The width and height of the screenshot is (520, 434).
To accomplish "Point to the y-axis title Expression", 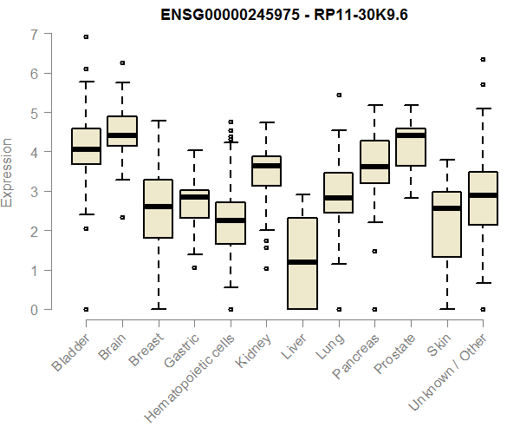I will pos(8,172).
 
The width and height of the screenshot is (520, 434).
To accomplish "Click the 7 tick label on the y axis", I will pos(34,35).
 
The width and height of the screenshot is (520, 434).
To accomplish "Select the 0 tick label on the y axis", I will pos(34,309).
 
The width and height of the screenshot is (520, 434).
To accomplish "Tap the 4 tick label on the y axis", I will pos(34,153).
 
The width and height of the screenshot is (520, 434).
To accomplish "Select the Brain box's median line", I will pos(122,135).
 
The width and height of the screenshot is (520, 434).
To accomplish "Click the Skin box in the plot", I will pos(446,224).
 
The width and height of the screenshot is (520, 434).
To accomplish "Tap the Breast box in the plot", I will pos(158,208).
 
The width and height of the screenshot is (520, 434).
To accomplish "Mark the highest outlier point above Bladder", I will pos(86,36).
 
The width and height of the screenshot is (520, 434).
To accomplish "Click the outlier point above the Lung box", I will pos(339,95).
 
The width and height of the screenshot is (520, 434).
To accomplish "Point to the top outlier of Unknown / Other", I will pos(483,60).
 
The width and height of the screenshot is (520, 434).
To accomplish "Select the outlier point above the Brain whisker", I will pos(122,62).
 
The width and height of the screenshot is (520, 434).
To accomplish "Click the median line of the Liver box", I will pos(302,261).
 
